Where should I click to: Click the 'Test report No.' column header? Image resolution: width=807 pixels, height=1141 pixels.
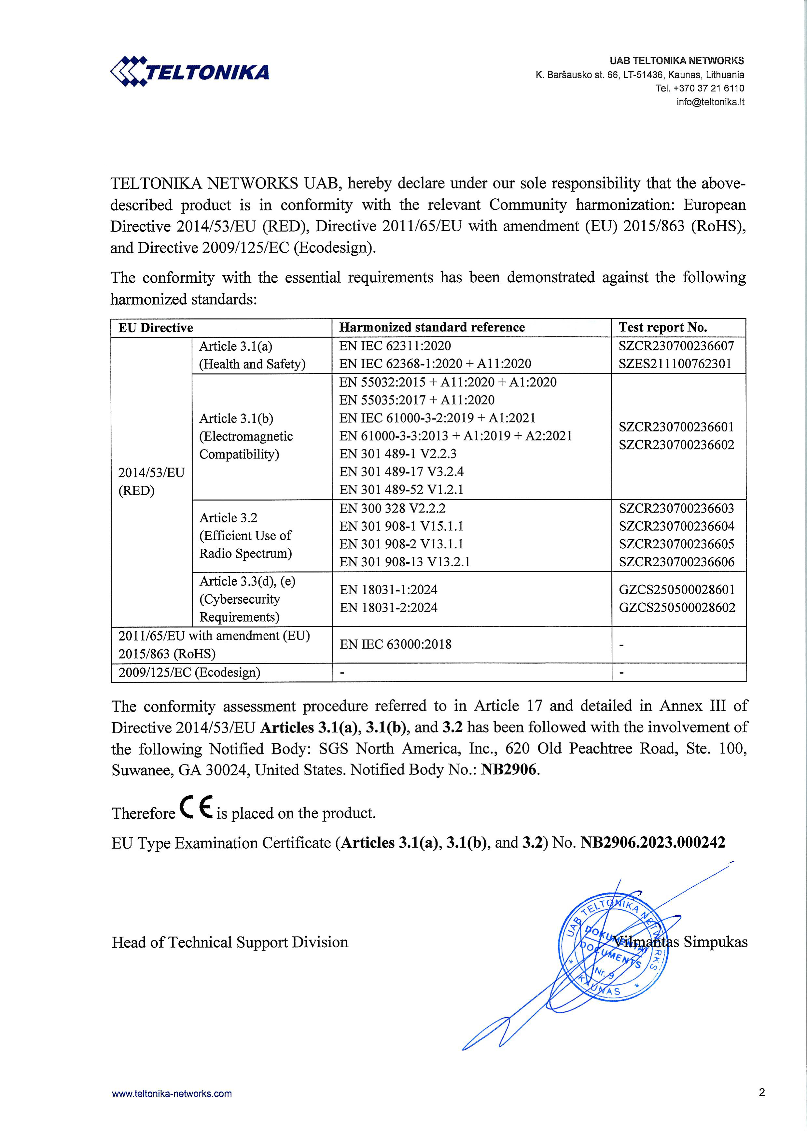click(662, 328)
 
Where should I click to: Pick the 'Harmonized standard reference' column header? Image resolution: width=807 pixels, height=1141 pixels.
click(432, 328)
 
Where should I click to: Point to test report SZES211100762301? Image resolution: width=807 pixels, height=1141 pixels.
click(675, 364)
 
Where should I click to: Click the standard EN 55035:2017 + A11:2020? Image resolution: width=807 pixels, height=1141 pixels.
click(417, 400)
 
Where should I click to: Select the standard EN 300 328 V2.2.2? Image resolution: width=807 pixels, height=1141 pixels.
click(392, 508)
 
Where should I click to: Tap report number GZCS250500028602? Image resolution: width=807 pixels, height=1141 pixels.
click(677, 607)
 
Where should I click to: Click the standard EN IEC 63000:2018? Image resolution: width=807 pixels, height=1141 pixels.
click(396, 644)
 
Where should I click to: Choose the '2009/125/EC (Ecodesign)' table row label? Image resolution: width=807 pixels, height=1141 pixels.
click(189, 672)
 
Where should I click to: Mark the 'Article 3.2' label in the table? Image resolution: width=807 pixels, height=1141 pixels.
click(229, 518)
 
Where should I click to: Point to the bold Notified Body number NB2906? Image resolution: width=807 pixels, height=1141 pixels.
click(509, 770)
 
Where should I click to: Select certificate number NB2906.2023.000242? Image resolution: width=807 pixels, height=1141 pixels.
click(652, 842)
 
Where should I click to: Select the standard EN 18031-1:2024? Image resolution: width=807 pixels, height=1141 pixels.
click(389, 590)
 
